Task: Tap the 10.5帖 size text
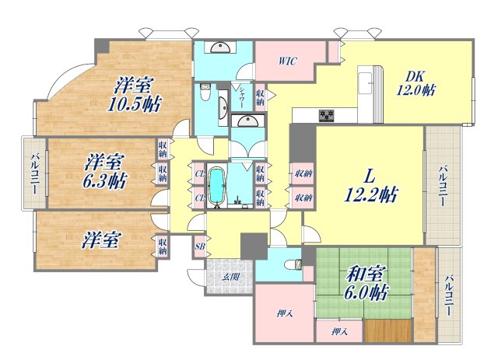(x=135, y=103)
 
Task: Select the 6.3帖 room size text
(x=107, y=181)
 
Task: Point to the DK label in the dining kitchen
(x=414, y=76)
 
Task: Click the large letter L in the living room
(x=370, y=175)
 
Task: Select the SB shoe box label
(x=199, y=246)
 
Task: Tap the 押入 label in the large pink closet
(x=283, y=313)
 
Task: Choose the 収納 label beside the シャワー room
(x=260, y=97)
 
